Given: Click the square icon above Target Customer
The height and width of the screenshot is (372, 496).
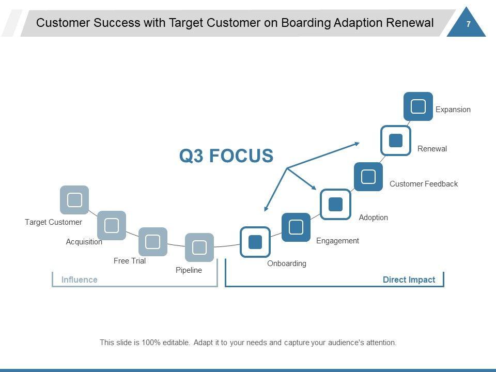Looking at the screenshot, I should point(74,200).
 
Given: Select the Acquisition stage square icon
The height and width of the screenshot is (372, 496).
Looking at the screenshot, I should point(112,225).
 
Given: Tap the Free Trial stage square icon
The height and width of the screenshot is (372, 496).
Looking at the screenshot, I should point(153,242).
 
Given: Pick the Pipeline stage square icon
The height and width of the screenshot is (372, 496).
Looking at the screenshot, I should point(199,247).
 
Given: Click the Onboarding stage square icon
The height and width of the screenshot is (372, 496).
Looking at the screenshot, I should point(255,242).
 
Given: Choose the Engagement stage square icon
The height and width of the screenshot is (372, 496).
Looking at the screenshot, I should point(296,227).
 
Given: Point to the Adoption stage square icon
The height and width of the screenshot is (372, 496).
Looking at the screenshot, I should point(335,204).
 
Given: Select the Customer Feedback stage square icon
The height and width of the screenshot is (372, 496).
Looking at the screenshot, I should point(368,177).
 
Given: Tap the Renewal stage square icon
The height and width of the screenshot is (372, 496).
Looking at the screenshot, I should point(396,140).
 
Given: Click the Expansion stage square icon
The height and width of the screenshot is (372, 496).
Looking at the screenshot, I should point(418,106).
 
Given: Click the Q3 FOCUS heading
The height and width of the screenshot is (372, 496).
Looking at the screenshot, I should point(226,156).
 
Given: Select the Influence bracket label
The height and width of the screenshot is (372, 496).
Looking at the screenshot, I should point(80,280).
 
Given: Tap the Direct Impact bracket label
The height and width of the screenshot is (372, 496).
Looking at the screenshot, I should point(409,280).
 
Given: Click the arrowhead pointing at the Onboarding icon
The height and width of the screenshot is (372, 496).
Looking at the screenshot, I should point(266,209).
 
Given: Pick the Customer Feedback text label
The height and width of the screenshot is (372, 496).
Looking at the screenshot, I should point(424,184).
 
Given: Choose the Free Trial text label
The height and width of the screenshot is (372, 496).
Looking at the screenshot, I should point(130,261).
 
